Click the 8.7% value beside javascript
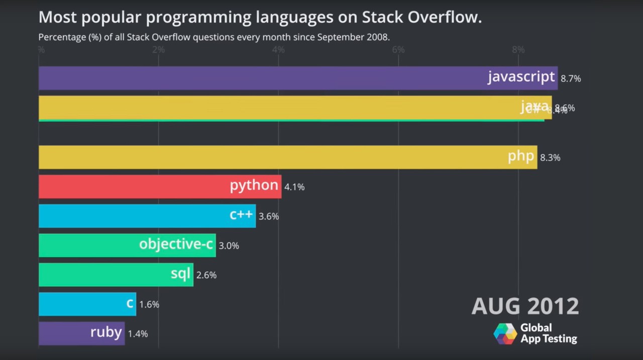[x=571, y=78]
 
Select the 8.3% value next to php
[x=550, y=158]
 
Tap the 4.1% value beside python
[x=294, y=187]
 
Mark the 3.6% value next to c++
[x=269, y=216]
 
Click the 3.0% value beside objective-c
[x=229, y=246]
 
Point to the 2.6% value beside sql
[x=206, y=275]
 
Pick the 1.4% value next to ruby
[x=138, y=334]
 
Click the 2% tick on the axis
[x=158, y=50]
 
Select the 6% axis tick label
[x=398, y=50]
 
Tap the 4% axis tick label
[x=278, y=50]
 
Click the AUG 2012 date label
[x=525, y=306]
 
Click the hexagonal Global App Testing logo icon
[x=505, y=333]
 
